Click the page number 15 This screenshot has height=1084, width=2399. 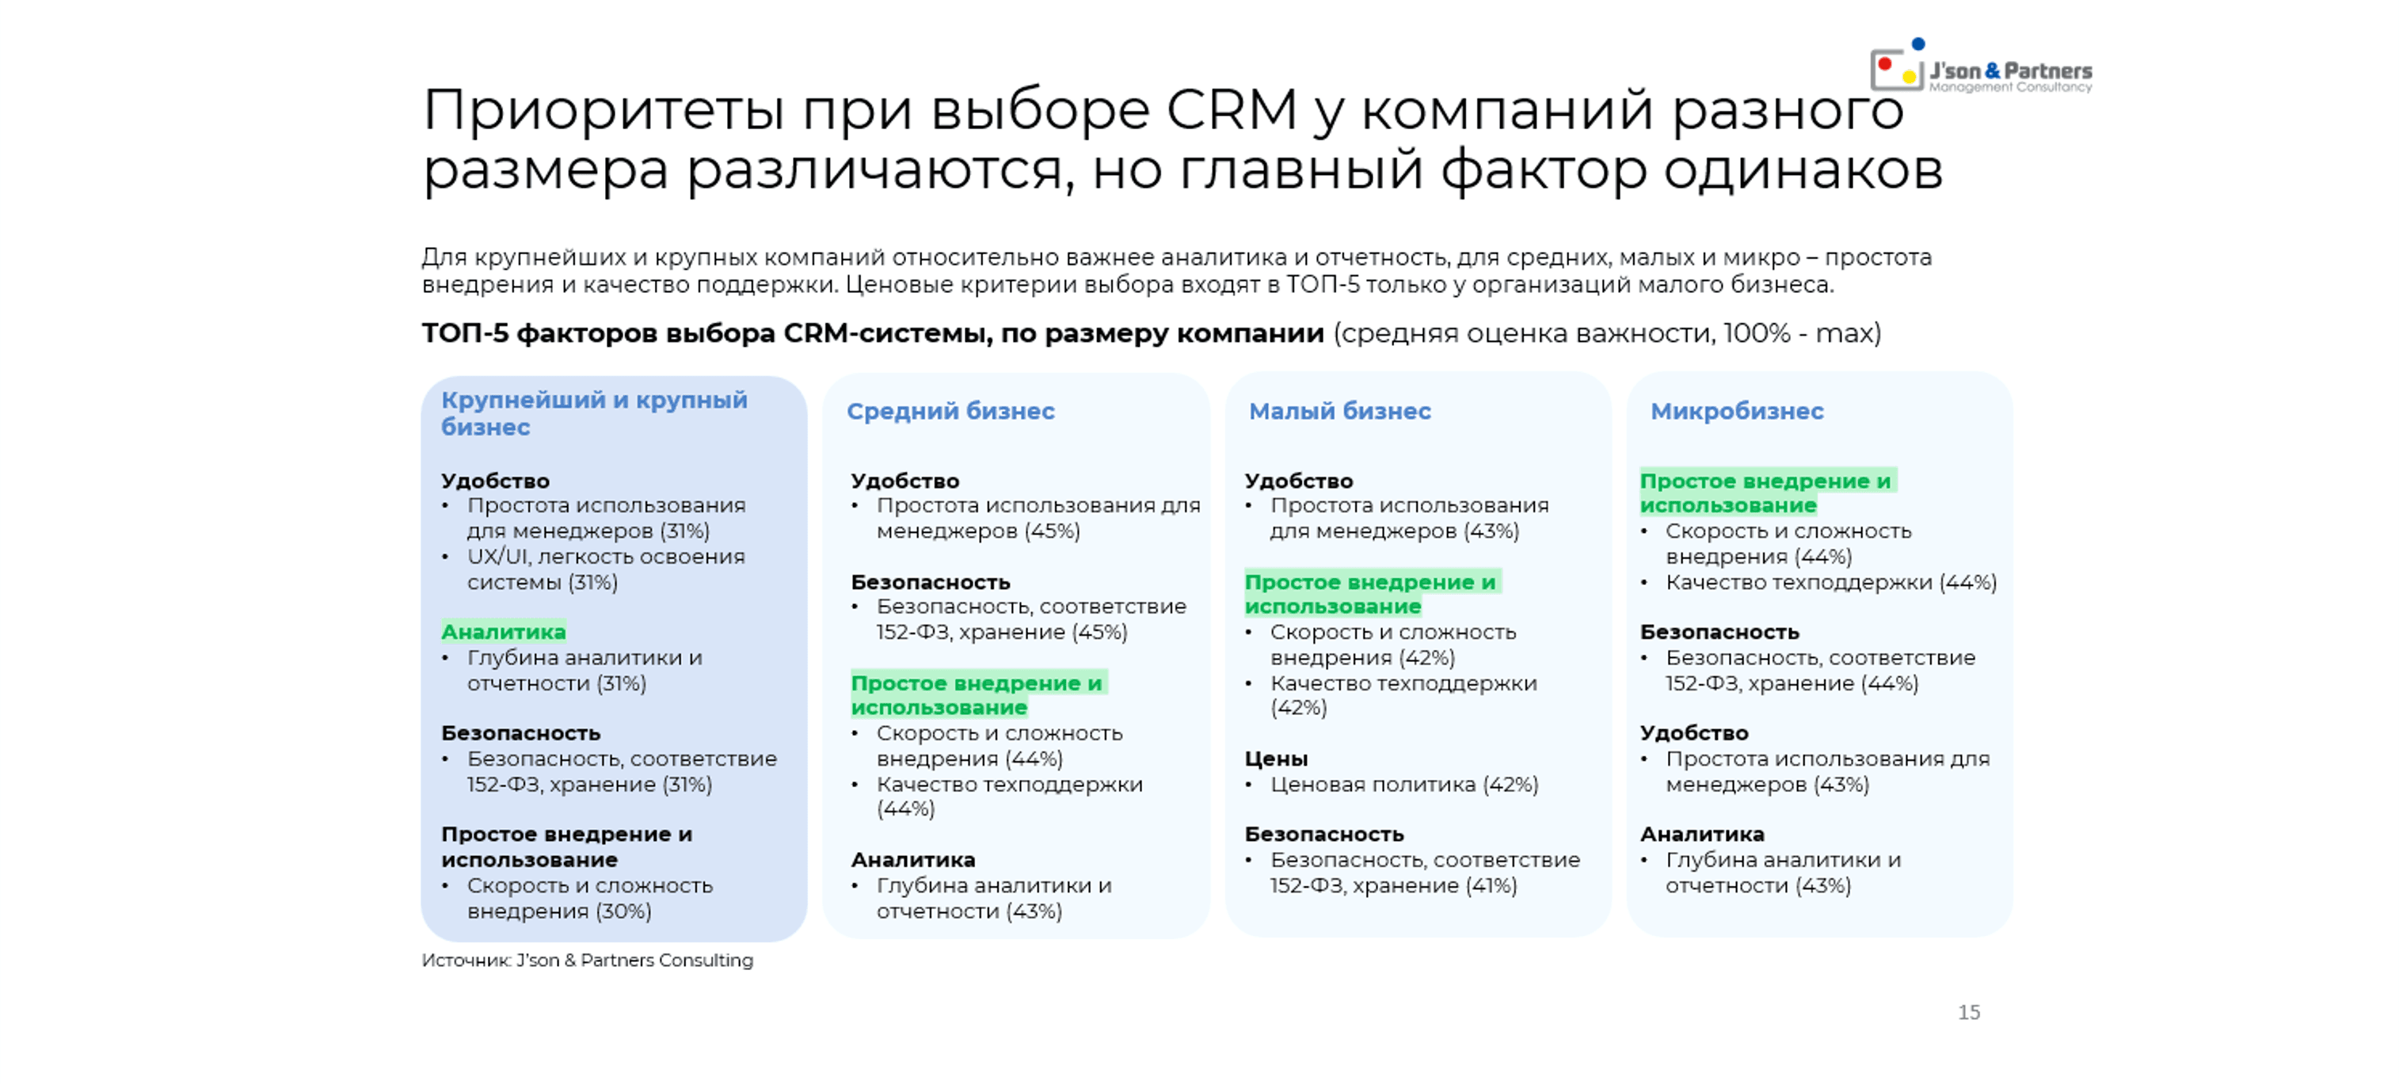1969,1012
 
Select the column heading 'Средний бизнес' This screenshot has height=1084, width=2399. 950,411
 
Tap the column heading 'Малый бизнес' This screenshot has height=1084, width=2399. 1339,411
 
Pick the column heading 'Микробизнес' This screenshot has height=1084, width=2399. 1737,411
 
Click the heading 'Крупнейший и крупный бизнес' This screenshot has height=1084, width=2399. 593,413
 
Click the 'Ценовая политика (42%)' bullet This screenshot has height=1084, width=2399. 1403,784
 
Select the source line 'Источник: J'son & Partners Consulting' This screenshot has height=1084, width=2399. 587,960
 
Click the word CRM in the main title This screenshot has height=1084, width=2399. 1231,110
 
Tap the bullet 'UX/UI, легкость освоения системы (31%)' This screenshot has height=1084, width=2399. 605,569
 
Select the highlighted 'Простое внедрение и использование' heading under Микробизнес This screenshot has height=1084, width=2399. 1765,493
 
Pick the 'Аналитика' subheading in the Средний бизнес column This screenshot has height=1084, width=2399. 912,860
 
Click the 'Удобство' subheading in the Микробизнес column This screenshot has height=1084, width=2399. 1694,733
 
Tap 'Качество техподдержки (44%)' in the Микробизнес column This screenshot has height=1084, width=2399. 1830,582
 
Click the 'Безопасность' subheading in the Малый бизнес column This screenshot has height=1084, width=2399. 1323,834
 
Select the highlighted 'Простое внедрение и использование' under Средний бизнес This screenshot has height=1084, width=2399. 976,694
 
